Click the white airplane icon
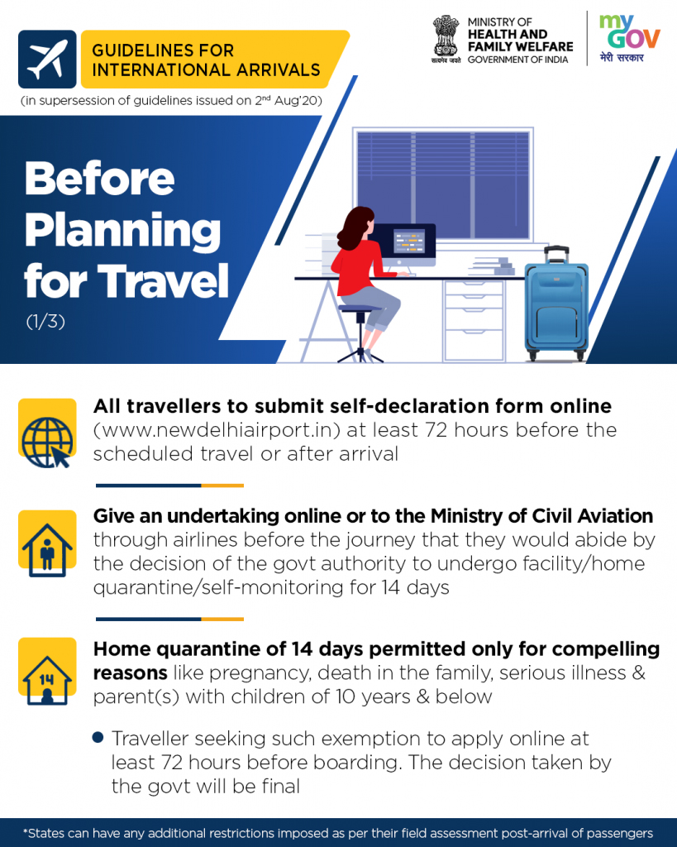47,60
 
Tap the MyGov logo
629,38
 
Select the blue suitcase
556,304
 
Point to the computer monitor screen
408,241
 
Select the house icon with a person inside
47,549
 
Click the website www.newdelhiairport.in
217,430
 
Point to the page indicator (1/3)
45,322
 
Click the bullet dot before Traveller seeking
98,737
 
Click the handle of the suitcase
556,255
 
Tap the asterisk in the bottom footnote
25,830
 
